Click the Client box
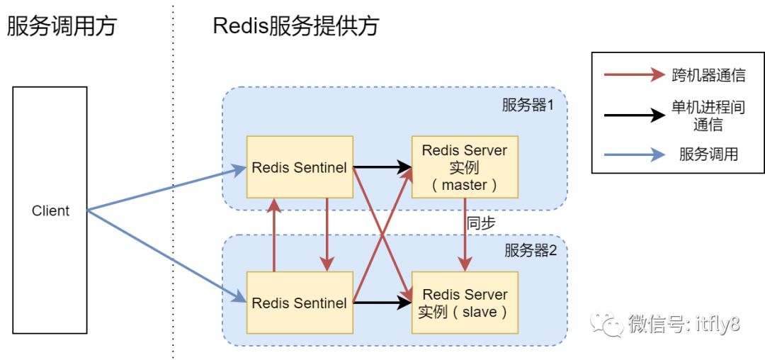click(50, 210)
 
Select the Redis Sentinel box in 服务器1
click(300, 167)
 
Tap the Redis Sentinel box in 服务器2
click(300, 303)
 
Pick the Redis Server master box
click(465, 167)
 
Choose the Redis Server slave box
click(465, 303)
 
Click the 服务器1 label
click(528, 106)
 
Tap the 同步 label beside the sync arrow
click(481, 223)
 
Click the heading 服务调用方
click(61, 26)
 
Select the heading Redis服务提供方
click(296, 26)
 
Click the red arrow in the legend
click(634, 74)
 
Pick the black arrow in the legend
click(634, 116)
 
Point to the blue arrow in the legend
click(634, 155)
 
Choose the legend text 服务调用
click(708, 155)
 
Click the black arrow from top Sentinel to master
click(382, 167)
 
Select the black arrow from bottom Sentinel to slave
click(382, 303)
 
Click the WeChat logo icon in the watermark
click(607, 322)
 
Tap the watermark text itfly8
click(719, 323)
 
